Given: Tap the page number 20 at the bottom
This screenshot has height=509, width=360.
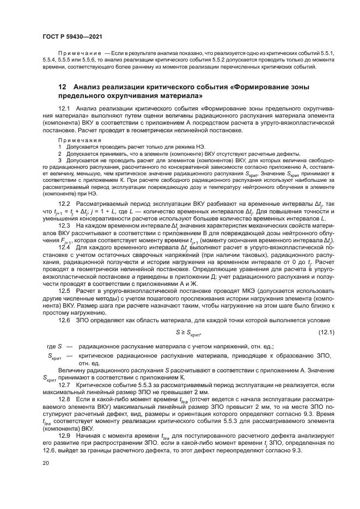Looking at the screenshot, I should (46, 463).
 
